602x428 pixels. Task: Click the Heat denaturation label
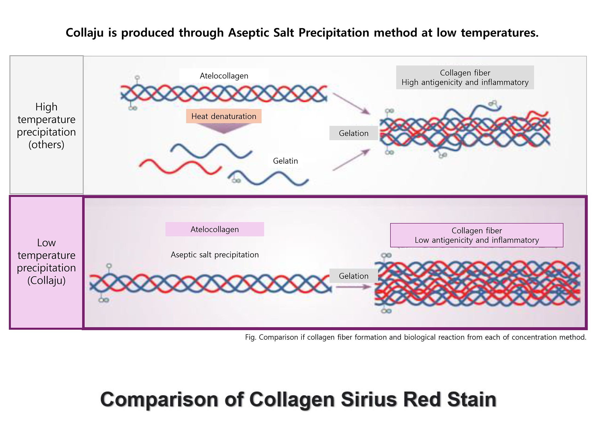pyautogui.click(x=224, y=116)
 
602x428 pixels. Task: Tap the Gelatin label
pyautogui.click(x=285, y=161)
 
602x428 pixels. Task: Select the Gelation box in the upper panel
pyautogui.click(x=354, y=133)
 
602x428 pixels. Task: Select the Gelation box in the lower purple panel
pyautogui.click(x=354, y=276)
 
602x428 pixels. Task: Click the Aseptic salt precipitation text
pyautogui.click(x=215, y=255)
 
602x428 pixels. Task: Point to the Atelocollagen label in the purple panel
pyautogui.click(x=215, y=229)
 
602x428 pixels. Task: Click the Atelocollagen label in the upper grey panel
pyautogui.click(x=224, y=76)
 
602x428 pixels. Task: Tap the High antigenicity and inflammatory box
pyautogui.click(x=465, y=77)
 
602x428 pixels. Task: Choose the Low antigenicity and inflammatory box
pyautogui.click(x=477, y=235)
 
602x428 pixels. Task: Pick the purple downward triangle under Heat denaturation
pyautogui.click(x=224, y=128)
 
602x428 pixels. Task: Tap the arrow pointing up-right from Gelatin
pyautogui.click(x=351, y=160)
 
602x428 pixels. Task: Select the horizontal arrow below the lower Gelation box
pyautogui.click(x=353, y=287)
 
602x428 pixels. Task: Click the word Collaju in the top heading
pyautogui.click(x=85, y=33)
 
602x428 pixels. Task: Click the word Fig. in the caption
pyautogui.click(x=250, y=337)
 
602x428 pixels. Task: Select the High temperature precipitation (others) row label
pyautogui.click(x=47, y=125)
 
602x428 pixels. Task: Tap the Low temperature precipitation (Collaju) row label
pyautogui.click(x=47, y=262)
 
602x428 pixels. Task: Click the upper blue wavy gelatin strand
pyautogui.click(x=211, y=151)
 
